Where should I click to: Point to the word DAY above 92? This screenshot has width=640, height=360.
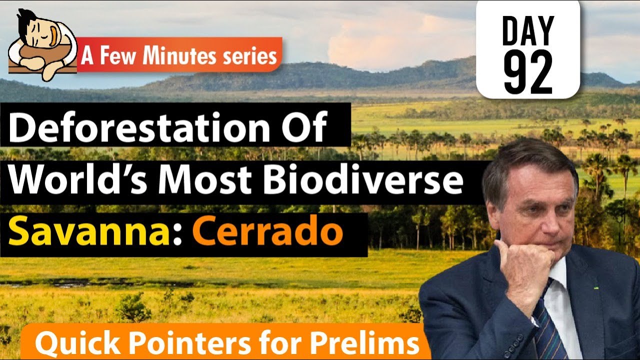point(528,31)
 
